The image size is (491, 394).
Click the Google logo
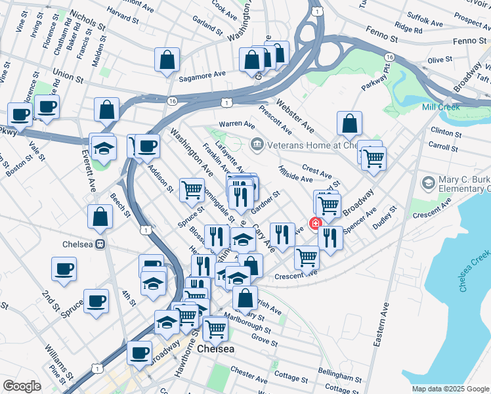[22, 386]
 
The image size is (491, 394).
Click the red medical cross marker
[316, 223]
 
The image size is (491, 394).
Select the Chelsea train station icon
[100, 244]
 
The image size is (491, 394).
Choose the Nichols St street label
[86, 20]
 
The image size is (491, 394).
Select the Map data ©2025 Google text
[449, 389]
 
